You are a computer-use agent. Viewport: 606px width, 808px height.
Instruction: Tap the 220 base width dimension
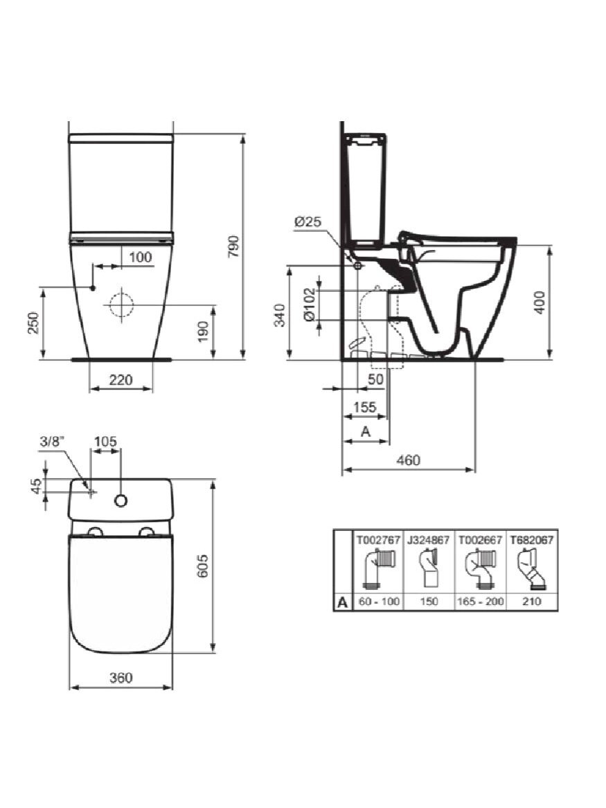point(121,380)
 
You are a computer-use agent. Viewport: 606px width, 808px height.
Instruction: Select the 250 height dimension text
point(33,323)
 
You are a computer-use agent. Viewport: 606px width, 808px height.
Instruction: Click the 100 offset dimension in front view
point(140,257)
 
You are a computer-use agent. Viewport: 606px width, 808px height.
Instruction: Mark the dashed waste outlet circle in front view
point(121,305)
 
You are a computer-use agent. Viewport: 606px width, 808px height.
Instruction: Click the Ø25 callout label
point(308,222)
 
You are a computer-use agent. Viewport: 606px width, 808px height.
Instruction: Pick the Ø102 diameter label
point(309,305)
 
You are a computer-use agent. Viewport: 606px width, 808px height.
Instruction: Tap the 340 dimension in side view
point(280,315)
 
